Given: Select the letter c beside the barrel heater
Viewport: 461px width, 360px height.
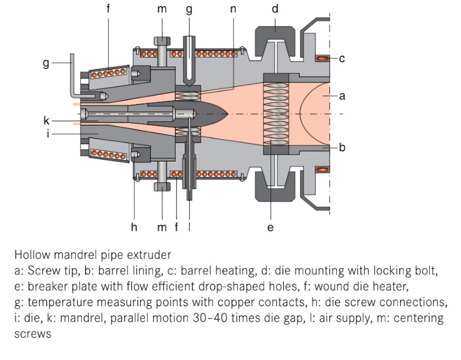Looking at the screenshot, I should (x=342, y=58).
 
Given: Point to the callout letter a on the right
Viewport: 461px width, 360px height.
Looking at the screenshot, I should (x=342, y=95).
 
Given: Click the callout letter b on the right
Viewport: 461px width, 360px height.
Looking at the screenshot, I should (x=342, y=147).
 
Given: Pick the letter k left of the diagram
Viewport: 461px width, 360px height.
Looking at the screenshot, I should (x=46, y=121).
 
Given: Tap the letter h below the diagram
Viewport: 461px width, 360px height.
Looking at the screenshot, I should (x=134, y=227).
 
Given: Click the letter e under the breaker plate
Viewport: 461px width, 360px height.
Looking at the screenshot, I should (x=270, y=228).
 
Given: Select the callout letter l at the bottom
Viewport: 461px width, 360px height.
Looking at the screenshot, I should (x=190, y=227).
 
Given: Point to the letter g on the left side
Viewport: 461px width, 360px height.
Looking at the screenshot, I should (x=46, y=63).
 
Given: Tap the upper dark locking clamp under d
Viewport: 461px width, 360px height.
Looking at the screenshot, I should (x=274, y=35).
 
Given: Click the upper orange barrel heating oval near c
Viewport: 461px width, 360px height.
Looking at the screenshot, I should (x=322, y=58).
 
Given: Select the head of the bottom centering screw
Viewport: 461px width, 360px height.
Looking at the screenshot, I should (x=162, y=186).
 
